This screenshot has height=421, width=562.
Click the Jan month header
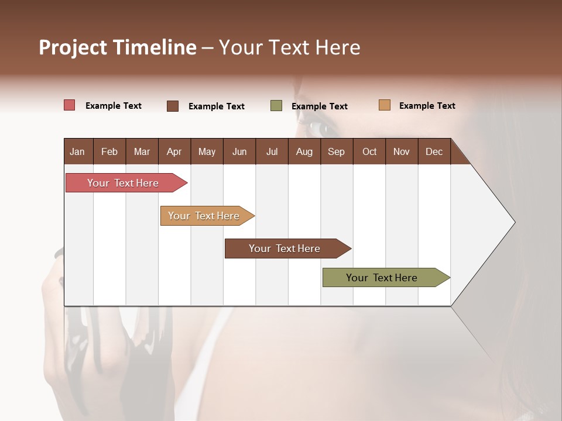(77, 151)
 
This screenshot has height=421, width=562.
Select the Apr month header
(174, 151)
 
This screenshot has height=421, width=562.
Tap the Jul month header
(272, 151)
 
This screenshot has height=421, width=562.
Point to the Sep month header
(336, 151)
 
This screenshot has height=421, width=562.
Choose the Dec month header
(434, 151)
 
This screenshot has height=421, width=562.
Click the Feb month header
(109, 151)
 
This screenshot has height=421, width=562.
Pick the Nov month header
(402, 151)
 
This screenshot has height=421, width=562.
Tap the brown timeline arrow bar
(285, 249)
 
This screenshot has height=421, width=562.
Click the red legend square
(69, 105)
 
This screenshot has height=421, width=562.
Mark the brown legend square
(173, 106)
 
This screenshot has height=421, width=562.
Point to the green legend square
(276, 106)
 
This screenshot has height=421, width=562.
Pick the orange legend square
(384, 105)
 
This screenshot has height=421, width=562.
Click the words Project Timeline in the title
(118, 47)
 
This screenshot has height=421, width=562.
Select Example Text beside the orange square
(427, 106)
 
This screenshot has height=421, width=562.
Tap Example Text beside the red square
(114, 106)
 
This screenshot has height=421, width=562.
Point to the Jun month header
(239, 151)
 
